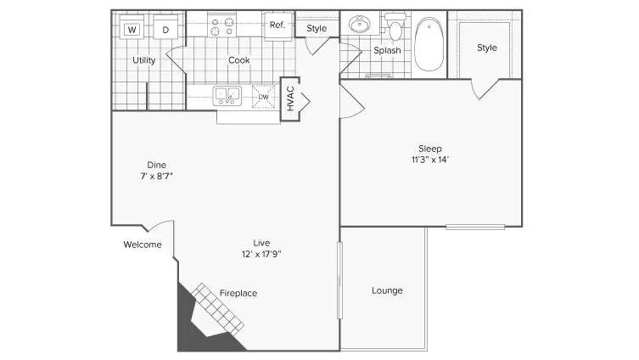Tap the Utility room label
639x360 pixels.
pos(143,61)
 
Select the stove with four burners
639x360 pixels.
pos(221,25)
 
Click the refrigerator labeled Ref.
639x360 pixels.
pos(277,25)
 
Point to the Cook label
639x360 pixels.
pos(238,61)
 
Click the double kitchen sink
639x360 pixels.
pos(227,95)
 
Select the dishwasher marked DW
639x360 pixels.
pos(263,97)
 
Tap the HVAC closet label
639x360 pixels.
pos(290,100)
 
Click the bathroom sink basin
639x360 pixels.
pos(360,24)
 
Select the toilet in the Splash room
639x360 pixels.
pos(395,31)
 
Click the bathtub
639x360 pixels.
pos(429,44)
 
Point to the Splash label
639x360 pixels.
pos(387,51)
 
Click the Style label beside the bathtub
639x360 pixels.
pos(486,48)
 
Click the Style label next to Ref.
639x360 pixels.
pos(317,29)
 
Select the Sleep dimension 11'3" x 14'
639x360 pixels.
pos(429,160)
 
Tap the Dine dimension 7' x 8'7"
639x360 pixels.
pos(156,176)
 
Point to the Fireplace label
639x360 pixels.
pos(238,293)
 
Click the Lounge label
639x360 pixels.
pos(387,290)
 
